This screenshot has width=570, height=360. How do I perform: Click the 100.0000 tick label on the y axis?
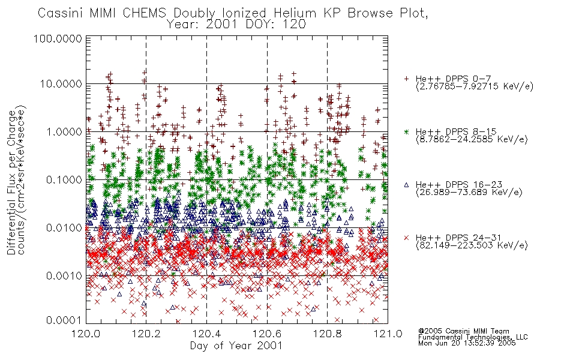point(58,38)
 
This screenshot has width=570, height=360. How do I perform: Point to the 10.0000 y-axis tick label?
point(61,84)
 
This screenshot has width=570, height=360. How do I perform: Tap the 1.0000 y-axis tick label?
point(64,132)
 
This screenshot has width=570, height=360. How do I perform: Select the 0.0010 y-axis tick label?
point(64,276)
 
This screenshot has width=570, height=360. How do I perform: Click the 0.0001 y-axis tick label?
point(64,320)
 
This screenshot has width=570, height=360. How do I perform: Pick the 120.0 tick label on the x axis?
point(86,334)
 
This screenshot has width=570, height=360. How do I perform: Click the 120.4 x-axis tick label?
point(207,334)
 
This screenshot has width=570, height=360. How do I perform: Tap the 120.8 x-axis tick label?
point(327,334)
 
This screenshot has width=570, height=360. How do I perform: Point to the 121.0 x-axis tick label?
point(388,334)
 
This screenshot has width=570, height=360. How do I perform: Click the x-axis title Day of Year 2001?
point(236,346)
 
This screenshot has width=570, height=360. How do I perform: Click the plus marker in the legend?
point(406,79)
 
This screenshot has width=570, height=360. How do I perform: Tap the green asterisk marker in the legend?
point(406,131)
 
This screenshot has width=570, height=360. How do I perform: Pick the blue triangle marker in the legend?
point(406,185)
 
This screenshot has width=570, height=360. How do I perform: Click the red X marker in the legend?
point(406,238)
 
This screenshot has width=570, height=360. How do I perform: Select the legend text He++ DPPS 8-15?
point(456,131)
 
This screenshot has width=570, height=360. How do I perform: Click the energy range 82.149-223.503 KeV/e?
point(472,245)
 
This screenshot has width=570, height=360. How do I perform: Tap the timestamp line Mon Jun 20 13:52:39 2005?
point(467,343)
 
